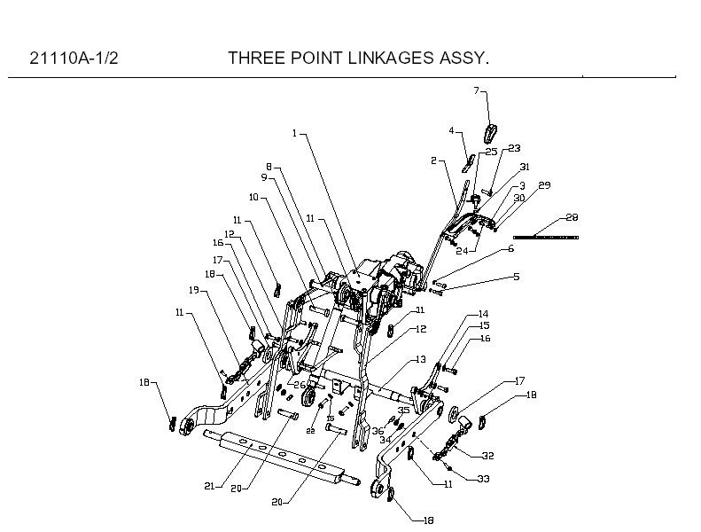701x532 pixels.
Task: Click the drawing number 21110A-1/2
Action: (74, 59)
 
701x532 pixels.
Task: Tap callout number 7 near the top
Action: (476, 90)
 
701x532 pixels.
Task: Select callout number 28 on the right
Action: (571, 217)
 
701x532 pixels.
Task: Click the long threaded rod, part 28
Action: (546, 237)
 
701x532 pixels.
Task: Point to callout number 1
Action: (295, 133)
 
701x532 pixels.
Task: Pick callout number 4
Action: (451, 131)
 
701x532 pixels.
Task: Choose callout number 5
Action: (516, 277)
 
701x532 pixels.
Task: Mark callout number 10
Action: (253, 197)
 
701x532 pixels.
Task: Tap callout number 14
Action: (483, 314)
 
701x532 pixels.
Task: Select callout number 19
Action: (193, 289)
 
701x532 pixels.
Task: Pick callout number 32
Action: (487, 456)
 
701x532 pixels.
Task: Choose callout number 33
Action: (484, 479)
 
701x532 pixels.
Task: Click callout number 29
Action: (544, 185)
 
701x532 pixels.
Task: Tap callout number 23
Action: (514, 148)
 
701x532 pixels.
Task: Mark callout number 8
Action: (268, 167)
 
